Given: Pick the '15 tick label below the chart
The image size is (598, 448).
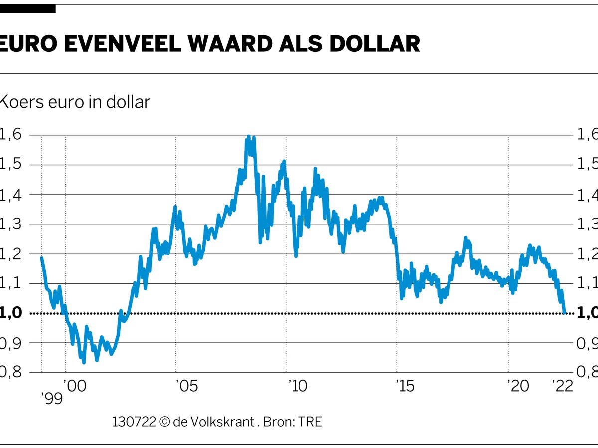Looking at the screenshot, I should click(x=404, y=386).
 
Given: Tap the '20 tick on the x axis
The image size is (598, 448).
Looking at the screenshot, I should click(x=518, y=386).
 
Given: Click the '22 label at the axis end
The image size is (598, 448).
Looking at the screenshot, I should click(x=562, y=386).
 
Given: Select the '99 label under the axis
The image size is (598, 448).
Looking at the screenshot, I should click(x=51, y=399).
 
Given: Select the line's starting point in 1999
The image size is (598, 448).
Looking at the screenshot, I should click(x=42, y=258).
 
